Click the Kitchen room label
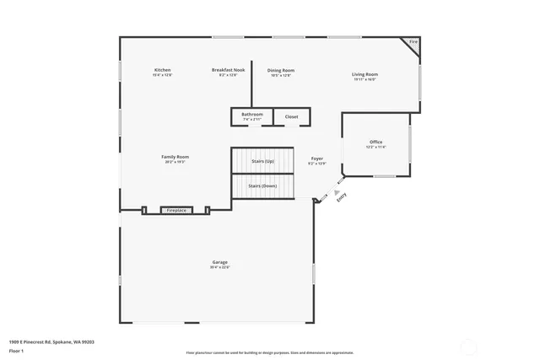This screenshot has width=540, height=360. click(x=163, y=70)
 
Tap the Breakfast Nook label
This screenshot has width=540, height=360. click(x=228, y=70)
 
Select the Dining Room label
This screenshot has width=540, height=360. click(x=281, y=70)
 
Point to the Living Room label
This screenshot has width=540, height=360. click(x=364, y=74)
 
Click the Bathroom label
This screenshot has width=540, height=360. click(x=252, y=114)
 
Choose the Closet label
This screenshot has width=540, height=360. click(x=291, y=116)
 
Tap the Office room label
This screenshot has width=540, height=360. click(x=375, y=142)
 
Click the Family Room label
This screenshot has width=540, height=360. click(x=175, y=156)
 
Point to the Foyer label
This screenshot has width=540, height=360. click(x=316, y=158)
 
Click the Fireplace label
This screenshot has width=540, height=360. click(x=175, y=210)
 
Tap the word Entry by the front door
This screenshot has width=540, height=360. click(x=341, y=197)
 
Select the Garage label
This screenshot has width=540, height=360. click(x=219, y=262)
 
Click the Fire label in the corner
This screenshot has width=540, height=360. click(x=413, y=41)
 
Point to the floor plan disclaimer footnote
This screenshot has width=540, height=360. click(x=269, y=352)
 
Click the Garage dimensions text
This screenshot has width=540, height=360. click(x=219, y=267)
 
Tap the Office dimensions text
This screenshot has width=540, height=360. click(x=375, y=147)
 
